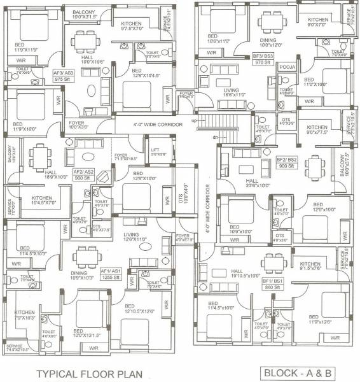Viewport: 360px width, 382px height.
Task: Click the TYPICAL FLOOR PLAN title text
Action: click(x=88, y=374)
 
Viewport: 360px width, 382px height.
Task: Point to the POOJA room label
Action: click(x=286, y=83)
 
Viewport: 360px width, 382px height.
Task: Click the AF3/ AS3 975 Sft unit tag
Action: click(x=64, y=76)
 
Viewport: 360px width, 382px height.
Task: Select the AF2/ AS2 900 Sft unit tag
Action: click(x=83, y=175)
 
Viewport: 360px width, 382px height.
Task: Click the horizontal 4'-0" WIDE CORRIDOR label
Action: click(x=149, y=124)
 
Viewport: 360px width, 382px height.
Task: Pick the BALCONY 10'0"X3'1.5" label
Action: click(x=84, y=14)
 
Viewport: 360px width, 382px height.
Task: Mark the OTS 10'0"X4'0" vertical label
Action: click(x=186, y=194)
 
